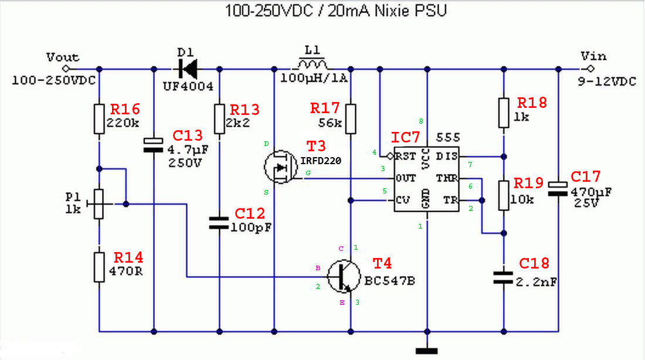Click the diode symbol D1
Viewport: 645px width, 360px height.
click(188, 69)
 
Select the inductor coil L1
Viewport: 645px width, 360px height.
click(312, 64)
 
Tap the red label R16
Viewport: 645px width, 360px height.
click(125, 110)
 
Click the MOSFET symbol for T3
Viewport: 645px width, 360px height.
click(280, 167)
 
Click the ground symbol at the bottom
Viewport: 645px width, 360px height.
click(426, 351)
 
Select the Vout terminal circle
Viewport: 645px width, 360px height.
click(66, 69)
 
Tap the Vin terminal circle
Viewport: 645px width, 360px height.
click(590, 69)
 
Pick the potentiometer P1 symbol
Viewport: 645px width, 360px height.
click(99, 203)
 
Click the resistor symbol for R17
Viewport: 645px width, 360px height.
click(351, 119)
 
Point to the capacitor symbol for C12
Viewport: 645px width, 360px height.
click(219, 223)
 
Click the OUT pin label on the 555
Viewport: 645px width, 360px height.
click(406, 179)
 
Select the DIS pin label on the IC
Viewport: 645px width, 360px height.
click(446, 157)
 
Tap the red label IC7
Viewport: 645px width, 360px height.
click(405, 137)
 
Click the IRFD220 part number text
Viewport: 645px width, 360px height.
click(321, 161)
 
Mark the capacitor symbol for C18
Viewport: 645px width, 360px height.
click(504, 277)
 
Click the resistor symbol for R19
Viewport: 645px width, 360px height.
click(504, 195)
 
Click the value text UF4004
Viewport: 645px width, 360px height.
click(188, 86)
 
